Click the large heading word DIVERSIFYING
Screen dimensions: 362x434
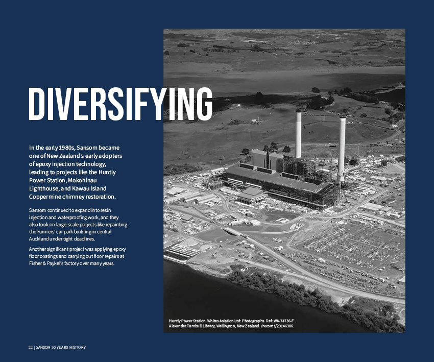120,104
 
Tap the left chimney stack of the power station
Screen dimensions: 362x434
298,134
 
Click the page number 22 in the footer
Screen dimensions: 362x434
30,348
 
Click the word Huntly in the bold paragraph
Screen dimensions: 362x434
106,172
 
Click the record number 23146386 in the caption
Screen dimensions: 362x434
281,326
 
